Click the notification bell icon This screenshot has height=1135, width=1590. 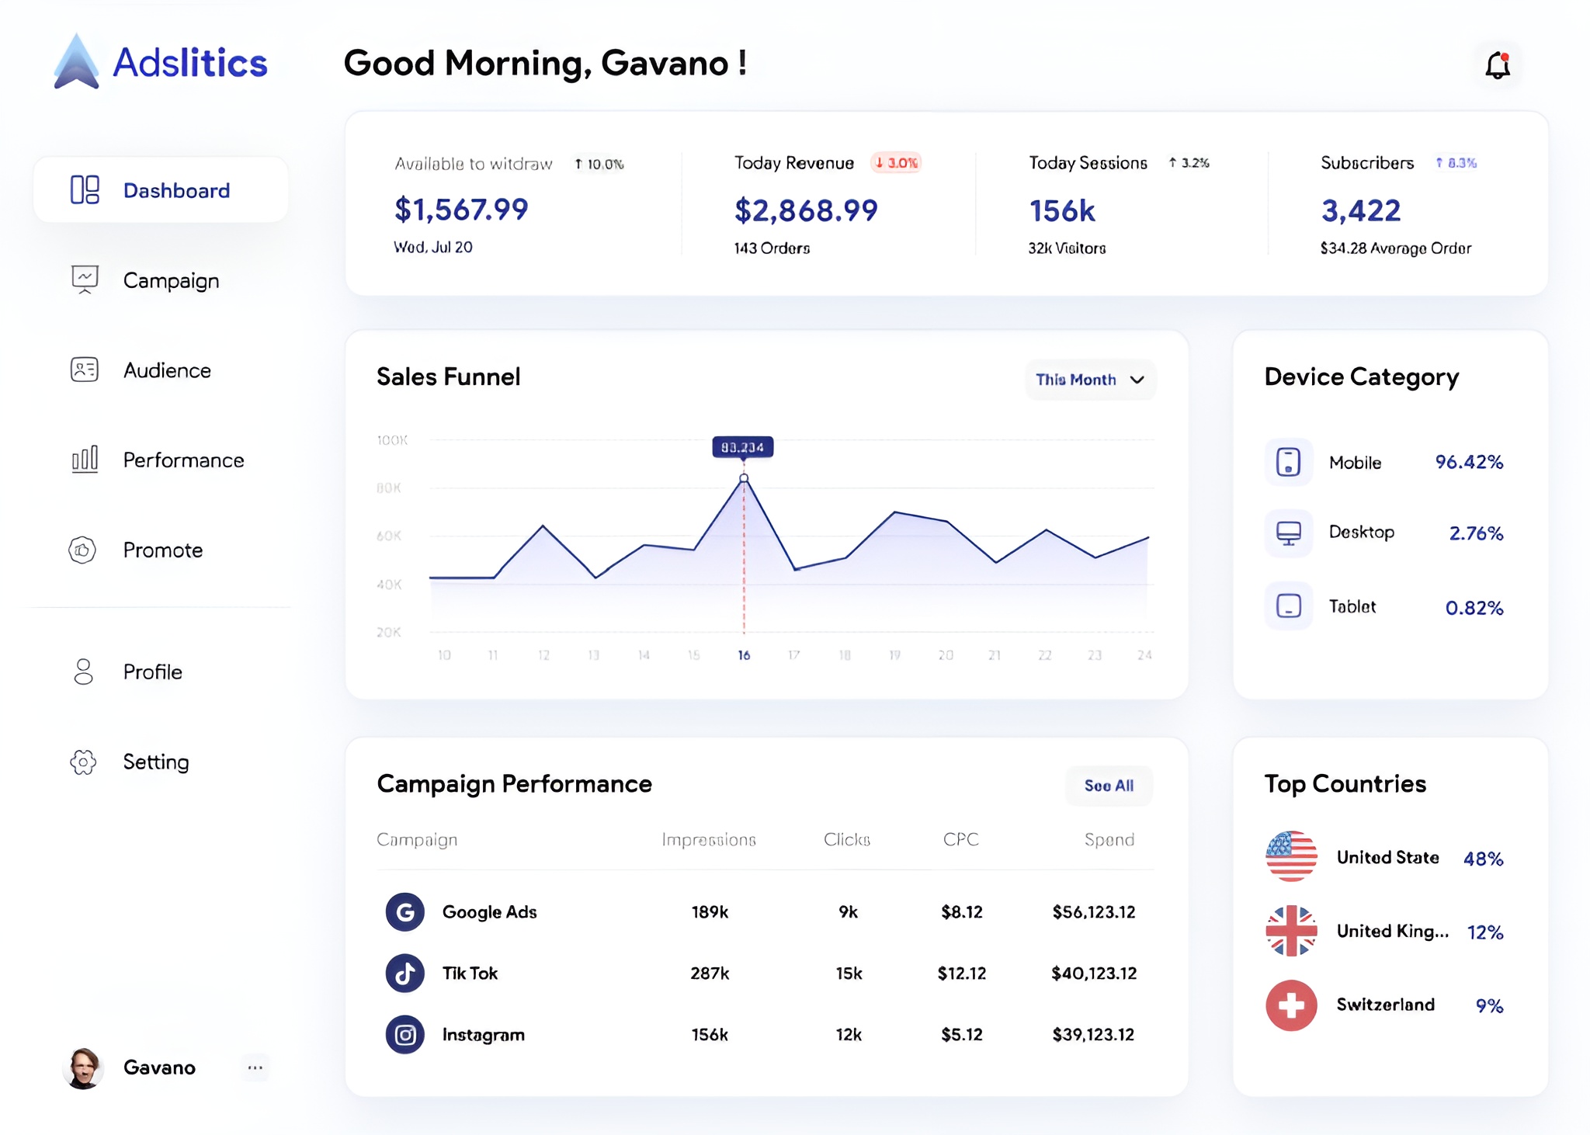click(x=1497, y=65)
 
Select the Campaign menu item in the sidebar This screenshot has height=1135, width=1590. click(x=171, y=280)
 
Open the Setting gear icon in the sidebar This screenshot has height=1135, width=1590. click(x=83, y=762)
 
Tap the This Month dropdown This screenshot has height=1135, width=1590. click(x=1089, y=380)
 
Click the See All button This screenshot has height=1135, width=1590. click(x=1108, y=786)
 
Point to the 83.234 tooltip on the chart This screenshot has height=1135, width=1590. click(x=742, y=447)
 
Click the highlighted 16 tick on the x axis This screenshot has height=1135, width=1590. click(x=744, y=655)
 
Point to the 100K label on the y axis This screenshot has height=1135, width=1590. click(x=392, y=440)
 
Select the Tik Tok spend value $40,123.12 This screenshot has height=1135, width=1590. click(x=1093, y=973)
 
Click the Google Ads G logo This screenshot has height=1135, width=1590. click(x=404, y=911)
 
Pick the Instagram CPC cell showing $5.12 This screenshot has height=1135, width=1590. click(x=961, y=1034)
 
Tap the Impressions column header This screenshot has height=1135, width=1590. click(x=708, y=839)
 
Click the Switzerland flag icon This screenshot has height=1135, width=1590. click(x=1291, y=1005)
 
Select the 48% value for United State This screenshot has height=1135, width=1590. click(x=1483, y=859)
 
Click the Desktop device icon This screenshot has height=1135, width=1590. click(x=1288, y=533)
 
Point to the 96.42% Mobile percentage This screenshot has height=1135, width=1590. click(x=1468, y=462)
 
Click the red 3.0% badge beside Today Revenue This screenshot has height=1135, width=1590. click(x=896, y=163)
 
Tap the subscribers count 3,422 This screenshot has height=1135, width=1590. click(x=1360, y=210)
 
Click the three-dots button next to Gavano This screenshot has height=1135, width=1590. click(x=255, y=1067)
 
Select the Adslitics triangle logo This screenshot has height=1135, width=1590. click(x=76, y=62)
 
